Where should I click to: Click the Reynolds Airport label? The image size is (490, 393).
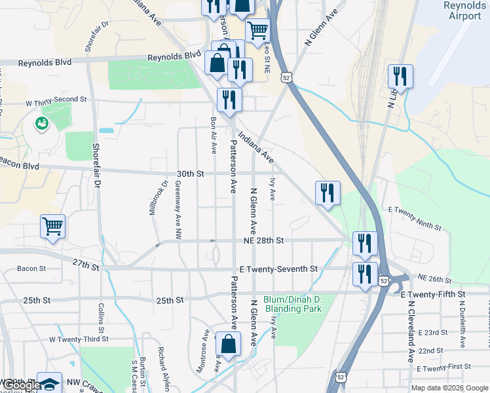pos(464,10)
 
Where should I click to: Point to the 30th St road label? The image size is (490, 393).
pos(191,174)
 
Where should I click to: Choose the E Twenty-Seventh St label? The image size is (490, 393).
pos(278,269)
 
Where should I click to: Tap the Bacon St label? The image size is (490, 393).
pos(31,269)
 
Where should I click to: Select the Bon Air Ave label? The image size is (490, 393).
pos(213,135)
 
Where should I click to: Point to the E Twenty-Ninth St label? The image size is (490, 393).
pos(415,218)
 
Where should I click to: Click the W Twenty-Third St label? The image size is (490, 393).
pos(79,340)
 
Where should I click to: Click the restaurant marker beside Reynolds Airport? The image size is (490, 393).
pos(400,77)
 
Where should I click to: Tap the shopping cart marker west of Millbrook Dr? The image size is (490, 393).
pos(52,227)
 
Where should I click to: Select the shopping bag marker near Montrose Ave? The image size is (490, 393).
pos(227,345)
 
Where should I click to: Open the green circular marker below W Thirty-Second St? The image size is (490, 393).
pos(42,122)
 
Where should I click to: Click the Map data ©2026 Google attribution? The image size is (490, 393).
pos(449,388)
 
